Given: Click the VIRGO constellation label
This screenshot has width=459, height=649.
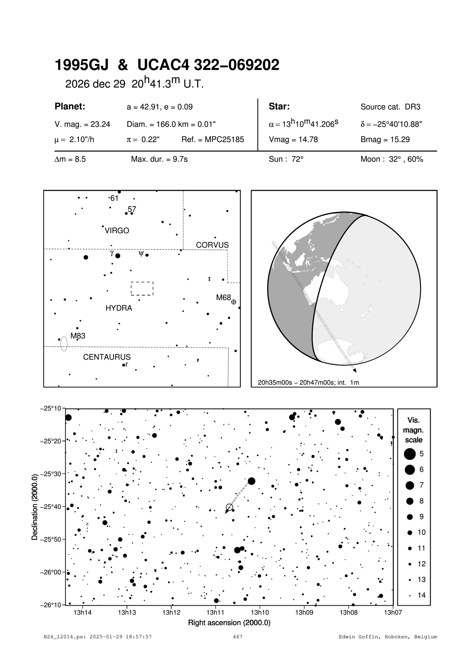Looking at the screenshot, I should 117,231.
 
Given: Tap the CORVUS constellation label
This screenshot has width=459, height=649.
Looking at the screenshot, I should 212,245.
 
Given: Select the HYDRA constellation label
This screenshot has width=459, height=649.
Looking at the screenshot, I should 119,308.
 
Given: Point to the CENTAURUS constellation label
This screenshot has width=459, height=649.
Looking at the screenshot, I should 107,357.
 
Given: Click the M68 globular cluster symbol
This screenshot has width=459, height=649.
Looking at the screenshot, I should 233,302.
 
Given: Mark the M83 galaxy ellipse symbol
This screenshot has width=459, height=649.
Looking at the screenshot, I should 64,343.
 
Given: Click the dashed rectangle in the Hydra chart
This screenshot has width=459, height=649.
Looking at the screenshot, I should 142,289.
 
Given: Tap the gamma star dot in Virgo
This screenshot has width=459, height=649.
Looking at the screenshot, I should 118,256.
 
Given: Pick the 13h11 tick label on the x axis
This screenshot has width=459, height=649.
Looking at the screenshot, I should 215,612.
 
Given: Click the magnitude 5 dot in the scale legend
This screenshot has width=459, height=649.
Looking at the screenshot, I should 410,454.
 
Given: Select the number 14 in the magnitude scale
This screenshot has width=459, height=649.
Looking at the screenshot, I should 422,595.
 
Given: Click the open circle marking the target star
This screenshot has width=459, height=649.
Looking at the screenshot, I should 229,507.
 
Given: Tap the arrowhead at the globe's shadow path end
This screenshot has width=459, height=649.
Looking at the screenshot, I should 355,370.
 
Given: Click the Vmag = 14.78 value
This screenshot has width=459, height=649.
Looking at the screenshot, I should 293,140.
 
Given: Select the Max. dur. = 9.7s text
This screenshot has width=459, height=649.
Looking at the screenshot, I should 159,160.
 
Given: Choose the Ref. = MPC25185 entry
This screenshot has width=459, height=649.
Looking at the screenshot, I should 213,140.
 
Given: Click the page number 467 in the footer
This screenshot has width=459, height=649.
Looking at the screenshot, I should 237,637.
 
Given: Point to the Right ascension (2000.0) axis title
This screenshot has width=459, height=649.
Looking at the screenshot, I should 229,623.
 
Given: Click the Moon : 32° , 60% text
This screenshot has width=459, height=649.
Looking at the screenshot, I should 392,160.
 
